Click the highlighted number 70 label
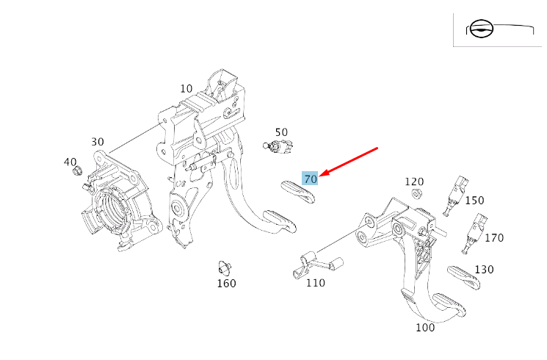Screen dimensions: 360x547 coord(310,179)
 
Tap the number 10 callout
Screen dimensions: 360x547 coord(186,89)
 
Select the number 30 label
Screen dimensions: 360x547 coord(98,142)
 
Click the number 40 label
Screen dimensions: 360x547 coord(70,162)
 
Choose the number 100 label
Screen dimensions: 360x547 coord(425,328)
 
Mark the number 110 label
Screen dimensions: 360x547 coord(316,283)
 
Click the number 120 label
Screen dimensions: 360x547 coord(414,181)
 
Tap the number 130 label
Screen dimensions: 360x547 coord(484,270)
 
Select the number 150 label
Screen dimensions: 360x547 coord(474,200)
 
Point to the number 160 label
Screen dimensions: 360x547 coord(226,284)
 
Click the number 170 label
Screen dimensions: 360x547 coord(494,237)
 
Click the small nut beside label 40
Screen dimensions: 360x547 coord(76,173)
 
